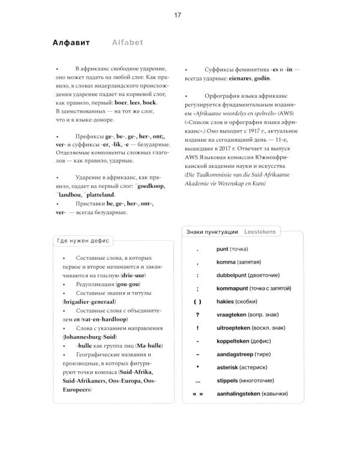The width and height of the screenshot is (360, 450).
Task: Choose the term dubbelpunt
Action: point(233,275)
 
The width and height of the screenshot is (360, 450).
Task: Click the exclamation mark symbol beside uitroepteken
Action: point(197,328)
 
